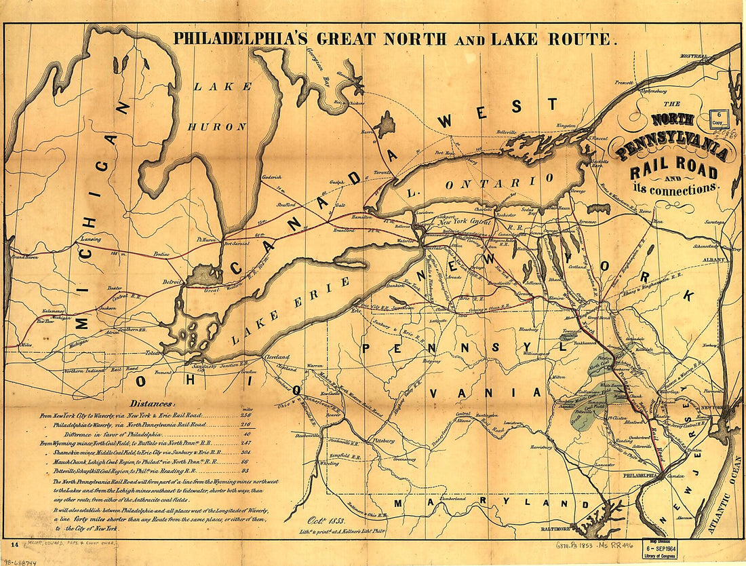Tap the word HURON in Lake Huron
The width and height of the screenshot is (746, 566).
coord(217,126)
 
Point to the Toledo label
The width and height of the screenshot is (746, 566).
coord(154,353)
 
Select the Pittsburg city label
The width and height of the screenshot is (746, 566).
coord(383,440)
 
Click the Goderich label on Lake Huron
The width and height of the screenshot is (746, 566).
coord(271,177)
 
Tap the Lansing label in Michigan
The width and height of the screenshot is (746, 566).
coord(90,240)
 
